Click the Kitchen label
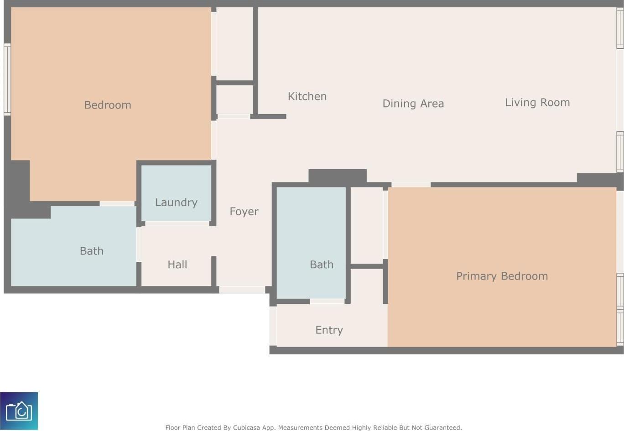307,96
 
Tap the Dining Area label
413,104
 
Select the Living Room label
537,103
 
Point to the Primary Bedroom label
502,276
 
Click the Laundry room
176,193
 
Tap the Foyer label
244,212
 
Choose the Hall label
177,265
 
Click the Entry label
329,330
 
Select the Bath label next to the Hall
91,251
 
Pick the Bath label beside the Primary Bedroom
322,265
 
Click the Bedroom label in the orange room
108,105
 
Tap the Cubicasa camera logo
19,411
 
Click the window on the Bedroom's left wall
7,79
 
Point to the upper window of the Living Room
619,28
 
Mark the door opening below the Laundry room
177,224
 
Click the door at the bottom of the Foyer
242,290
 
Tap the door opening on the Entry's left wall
273,326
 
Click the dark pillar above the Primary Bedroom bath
338,176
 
